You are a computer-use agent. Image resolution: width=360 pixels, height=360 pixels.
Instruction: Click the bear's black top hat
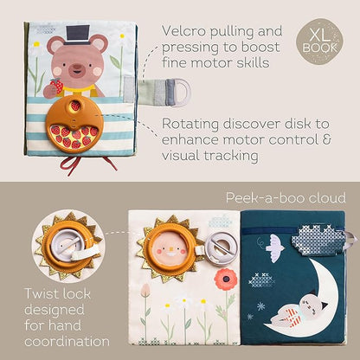77,35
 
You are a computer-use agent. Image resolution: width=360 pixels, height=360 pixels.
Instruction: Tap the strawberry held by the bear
57,86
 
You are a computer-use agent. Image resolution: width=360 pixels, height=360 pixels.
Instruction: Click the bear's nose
77,66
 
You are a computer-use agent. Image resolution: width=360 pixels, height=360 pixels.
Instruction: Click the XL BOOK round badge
319,42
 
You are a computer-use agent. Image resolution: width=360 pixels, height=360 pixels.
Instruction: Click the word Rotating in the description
190,125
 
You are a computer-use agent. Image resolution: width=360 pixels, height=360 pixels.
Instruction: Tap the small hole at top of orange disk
75,106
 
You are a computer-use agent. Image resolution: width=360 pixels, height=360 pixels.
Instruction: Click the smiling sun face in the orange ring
170,249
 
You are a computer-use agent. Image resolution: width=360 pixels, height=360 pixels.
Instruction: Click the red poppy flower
226,279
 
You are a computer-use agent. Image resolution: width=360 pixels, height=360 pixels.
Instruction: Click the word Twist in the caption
41,294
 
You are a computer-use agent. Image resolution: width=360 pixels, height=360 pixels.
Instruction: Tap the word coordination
67,342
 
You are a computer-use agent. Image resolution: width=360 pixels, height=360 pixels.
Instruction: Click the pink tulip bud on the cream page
145,289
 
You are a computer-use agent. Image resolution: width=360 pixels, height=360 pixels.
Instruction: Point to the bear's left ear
55,44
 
